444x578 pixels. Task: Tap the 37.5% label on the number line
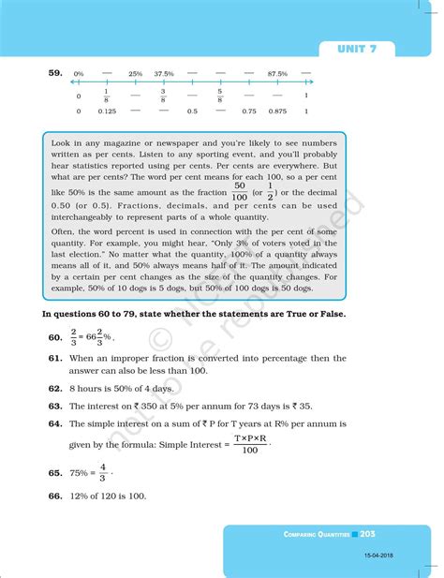click(164, 73)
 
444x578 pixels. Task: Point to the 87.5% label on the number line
click(276, 73)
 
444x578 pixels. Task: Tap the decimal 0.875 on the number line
click(276, 111)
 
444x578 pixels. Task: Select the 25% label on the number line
click(135, 73)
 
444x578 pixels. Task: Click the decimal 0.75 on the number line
click(248, 111)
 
